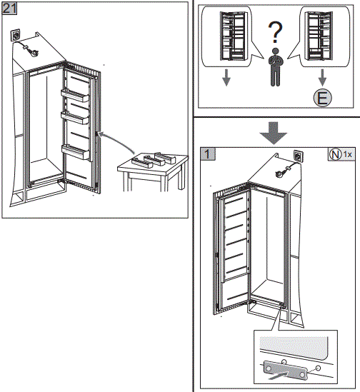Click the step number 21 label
9,9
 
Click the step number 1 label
208,154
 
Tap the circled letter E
322,98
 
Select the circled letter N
335,154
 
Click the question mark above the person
275,31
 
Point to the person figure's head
275,51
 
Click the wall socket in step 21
15,35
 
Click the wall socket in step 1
298,156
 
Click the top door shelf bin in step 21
75,96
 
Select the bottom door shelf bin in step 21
76,152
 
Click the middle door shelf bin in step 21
75,118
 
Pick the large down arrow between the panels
274,133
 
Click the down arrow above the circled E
322,78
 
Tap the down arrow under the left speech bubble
226,78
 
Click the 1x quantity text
347,154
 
